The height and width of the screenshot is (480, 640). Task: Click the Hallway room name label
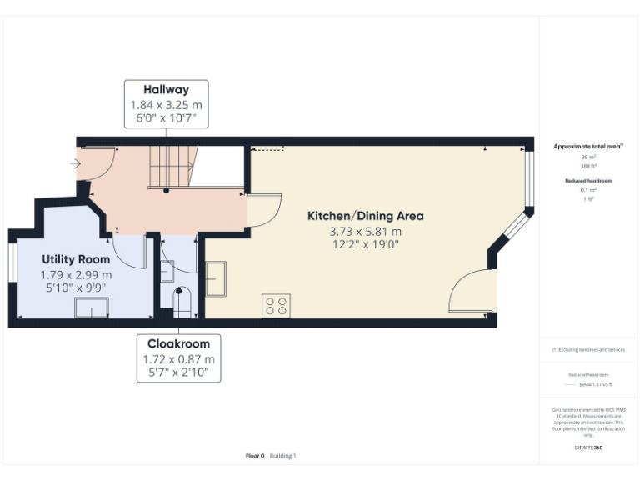[x=166, y=90]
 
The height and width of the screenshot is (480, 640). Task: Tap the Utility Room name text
[x=76, y=259]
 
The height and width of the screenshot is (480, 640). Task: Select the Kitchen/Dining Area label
[x=365, y=216]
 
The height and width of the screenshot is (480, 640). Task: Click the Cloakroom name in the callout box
[x=178, y=343]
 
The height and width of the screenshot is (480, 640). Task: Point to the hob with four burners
[x=276, y=306]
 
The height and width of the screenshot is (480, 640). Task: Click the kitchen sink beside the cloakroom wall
[x=215, y=278]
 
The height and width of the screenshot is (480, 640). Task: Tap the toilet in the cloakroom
[x=182, y=302]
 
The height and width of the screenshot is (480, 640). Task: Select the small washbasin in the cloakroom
[x=167, y=270]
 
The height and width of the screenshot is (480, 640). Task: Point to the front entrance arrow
[x=76, y=164]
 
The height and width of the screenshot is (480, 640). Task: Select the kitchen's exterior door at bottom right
[x=471, y=292]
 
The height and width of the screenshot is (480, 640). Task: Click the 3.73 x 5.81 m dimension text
[x=365, y=232]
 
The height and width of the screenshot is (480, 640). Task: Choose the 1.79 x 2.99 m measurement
[x=76, y=274]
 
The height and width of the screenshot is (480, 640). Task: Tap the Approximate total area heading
[x=588, y=146]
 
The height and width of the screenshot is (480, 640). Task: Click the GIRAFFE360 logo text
[x=588, y=448]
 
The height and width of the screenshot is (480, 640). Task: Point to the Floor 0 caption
[x=255, y=456]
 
